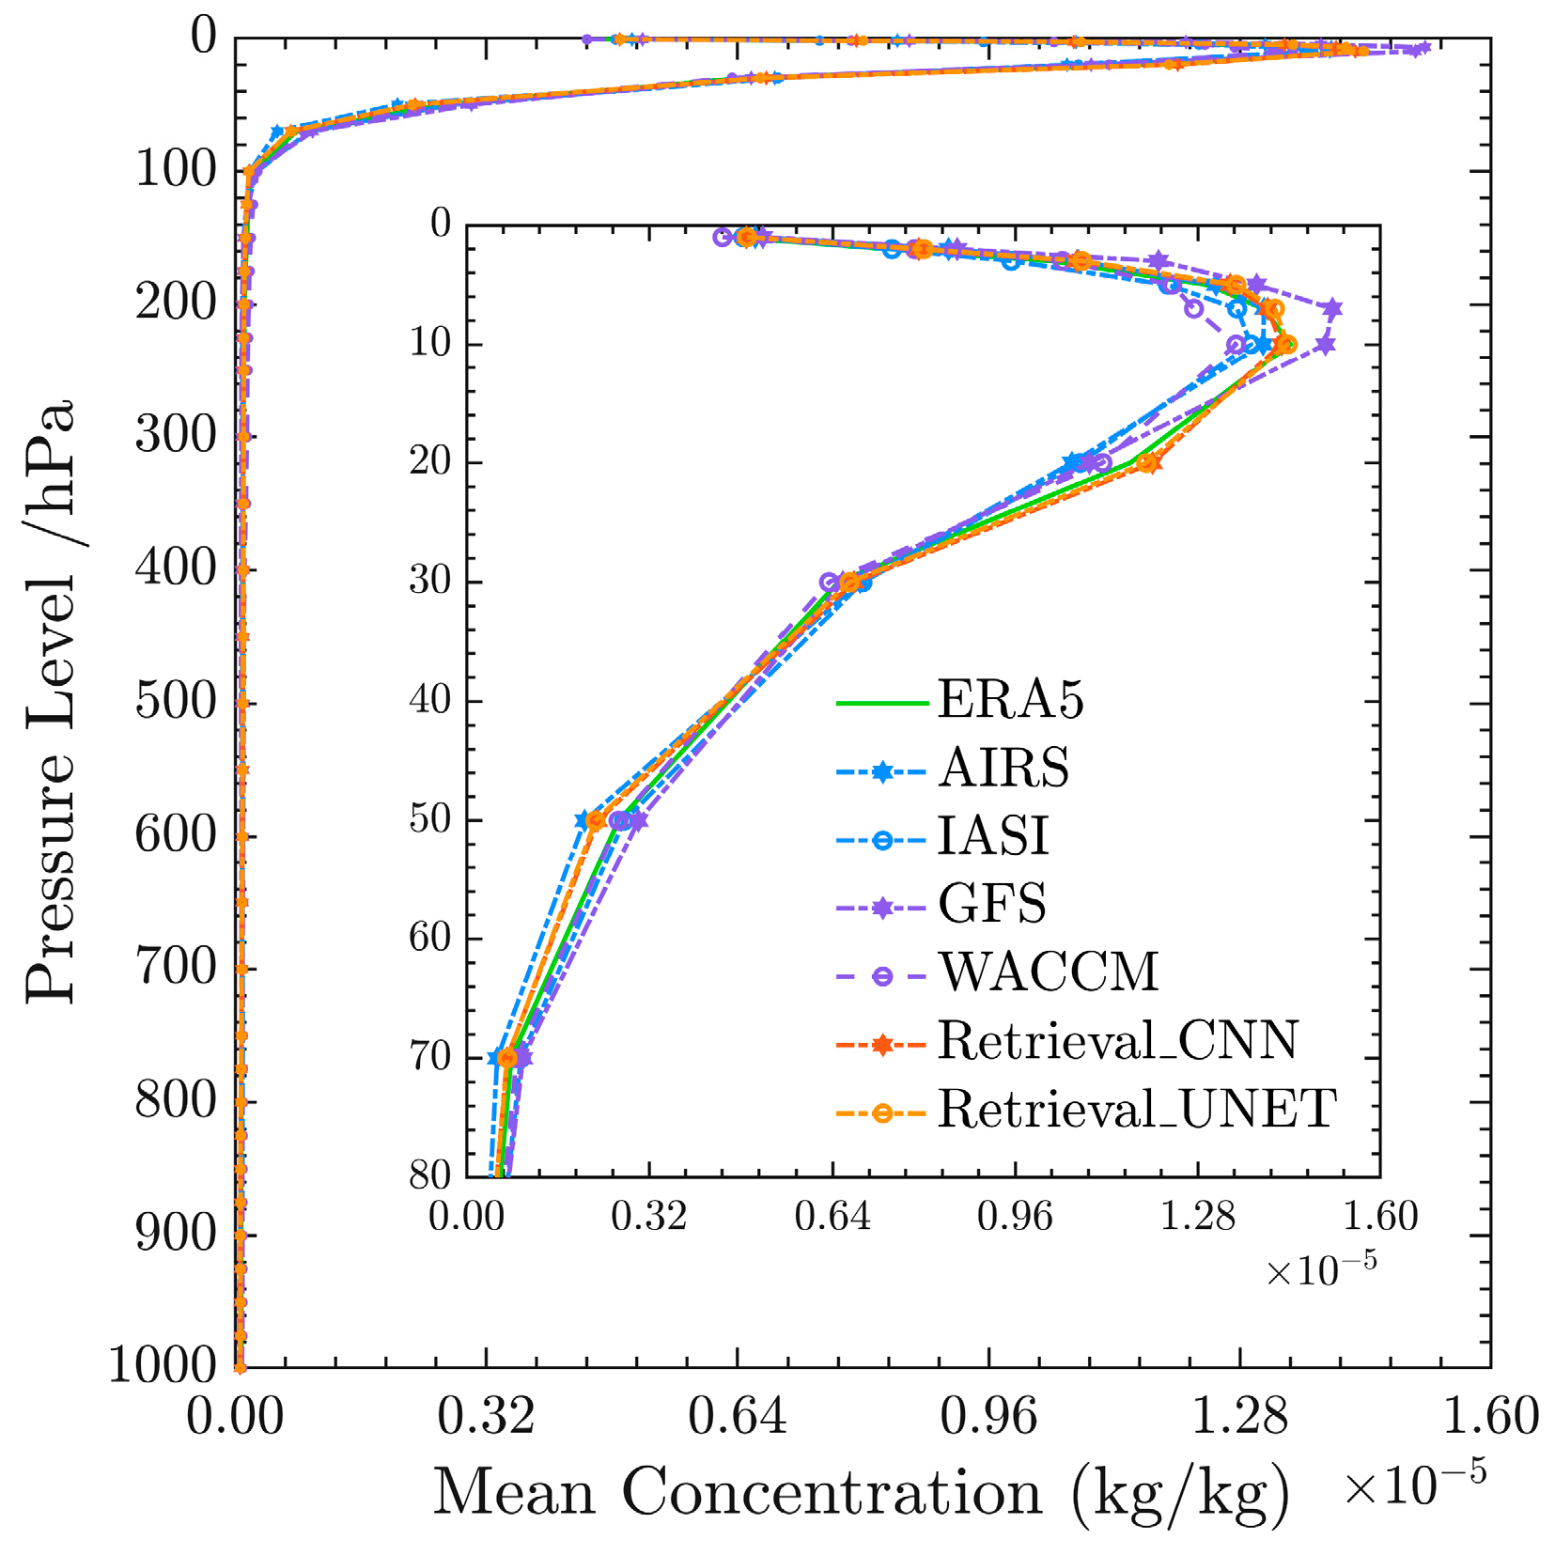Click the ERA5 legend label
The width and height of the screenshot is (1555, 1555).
coord(1010,700)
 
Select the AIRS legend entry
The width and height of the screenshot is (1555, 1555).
coord(1003,769)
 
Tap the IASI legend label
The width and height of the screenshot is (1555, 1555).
coord(993,836)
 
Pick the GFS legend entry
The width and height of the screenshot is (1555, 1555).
coord(991,905)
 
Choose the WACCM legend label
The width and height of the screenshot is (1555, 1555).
coord(1048,972)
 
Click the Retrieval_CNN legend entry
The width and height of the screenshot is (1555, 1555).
coord(1117,1041)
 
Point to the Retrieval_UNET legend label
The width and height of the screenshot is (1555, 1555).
coord(1137,1110)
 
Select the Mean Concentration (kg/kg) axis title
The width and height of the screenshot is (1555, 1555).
coord(861,1492)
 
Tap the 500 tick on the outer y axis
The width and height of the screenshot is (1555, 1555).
coord(177,701)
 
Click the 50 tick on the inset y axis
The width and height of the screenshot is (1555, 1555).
coord(430,819)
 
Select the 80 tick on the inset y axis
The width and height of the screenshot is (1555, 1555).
coord(430,1174)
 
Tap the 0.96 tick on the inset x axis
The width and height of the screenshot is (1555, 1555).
coord(1015,1217)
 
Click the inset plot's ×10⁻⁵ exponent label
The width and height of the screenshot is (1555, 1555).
coord(1321,1270)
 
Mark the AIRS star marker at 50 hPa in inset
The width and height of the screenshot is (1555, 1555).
coord(583,819)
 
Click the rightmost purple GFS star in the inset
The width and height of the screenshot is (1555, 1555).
coord(1332,308)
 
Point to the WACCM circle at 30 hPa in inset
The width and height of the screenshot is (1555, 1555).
coord(829,583)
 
